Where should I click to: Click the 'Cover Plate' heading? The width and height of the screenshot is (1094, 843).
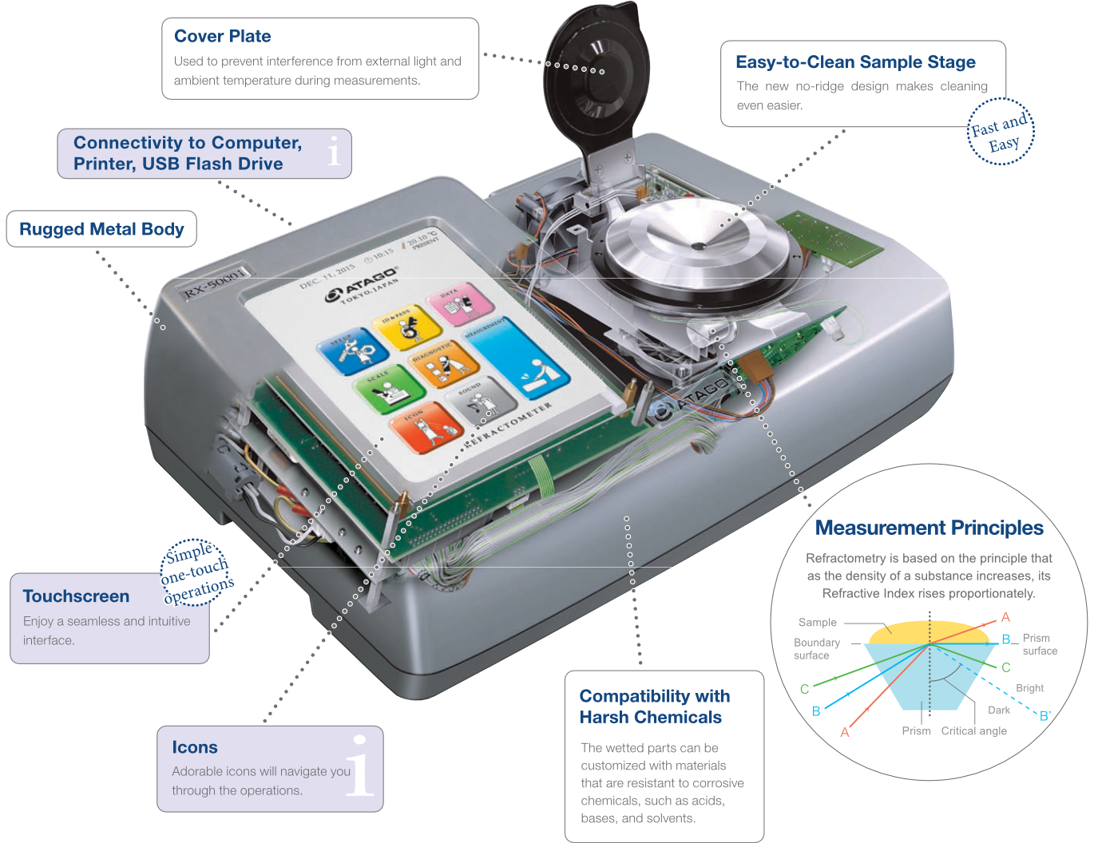coord(222,36)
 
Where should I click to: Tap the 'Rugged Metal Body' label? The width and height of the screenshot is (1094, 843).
coord(101,229)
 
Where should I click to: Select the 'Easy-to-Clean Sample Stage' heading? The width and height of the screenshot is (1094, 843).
coord(855,61)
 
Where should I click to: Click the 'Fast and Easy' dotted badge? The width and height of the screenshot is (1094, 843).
coord(1001,132)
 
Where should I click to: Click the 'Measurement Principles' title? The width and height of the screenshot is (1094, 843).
coord(929,528)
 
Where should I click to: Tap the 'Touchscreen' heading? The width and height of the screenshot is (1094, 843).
coord(76,596)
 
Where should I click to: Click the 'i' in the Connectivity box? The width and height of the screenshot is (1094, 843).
coord(334,150)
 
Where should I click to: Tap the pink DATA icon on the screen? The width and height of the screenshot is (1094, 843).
coord(460,304)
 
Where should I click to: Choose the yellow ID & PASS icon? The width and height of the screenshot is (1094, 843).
coord(406,326)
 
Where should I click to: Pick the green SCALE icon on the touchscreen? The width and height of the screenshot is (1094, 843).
coord(388,387)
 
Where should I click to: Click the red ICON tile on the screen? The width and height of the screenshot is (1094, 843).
coord(427,427)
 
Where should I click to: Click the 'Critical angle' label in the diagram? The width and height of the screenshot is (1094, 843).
coord(973,730)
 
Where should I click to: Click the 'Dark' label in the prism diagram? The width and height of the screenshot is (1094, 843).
coord(999,710)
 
